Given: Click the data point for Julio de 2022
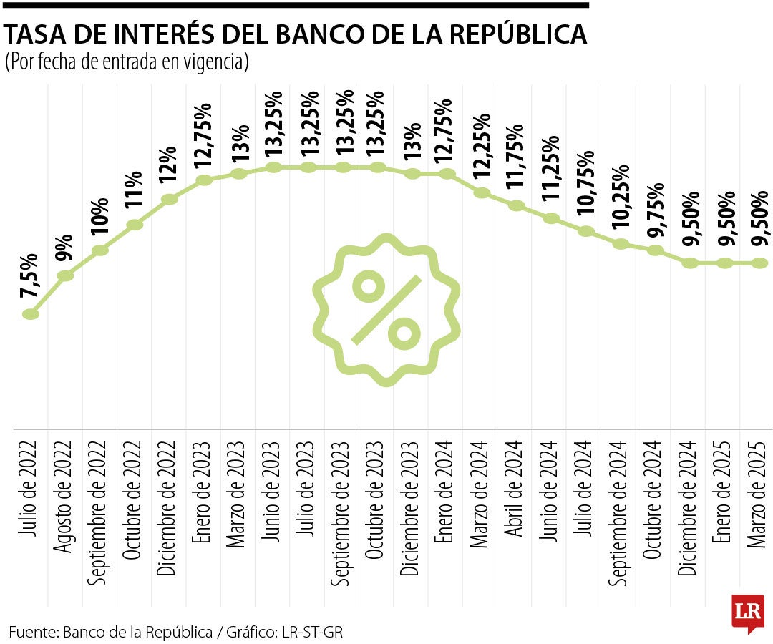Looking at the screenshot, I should [30, 313].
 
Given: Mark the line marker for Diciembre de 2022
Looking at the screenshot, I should [170, 199].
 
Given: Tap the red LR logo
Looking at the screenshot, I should [747, 613].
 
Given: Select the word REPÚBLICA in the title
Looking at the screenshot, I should [511, 34].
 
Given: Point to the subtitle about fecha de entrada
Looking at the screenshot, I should [127, 63].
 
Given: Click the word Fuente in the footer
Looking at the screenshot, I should [33, 632].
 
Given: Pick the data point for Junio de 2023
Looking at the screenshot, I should [273, 167].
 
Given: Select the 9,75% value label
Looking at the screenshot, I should [655, 216].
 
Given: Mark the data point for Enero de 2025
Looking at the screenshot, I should [724, 263].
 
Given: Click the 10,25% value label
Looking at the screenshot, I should [620, 205].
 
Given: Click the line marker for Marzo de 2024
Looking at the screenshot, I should [482, 192].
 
